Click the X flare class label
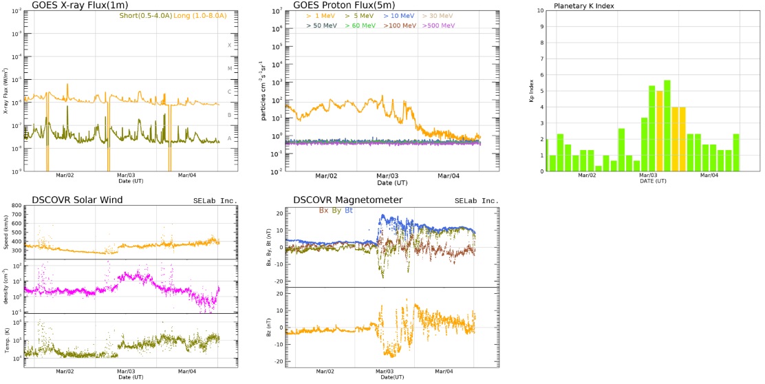tap(230, 45)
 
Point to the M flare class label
tap(230, 68)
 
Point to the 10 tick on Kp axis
tap(541, 11)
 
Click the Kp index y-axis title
tap(531, 92)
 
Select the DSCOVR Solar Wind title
tap(71, 200)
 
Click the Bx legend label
tap(323, 210)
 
